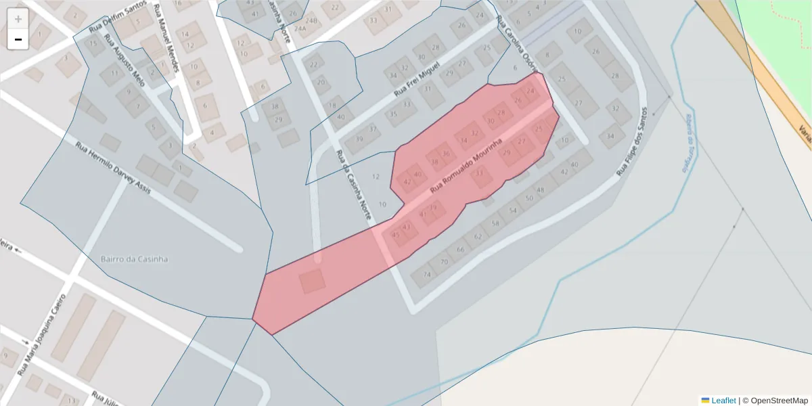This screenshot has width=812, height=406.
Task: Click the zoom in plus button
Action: click(18, 18)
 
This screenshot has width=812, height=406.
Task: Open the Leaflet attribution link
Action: click(723, 401)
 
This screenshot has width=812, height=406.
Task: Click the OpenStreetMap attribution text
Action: click(779, 401)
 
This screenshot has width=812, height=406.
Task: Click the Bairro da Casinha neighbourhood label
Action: click(134, 258)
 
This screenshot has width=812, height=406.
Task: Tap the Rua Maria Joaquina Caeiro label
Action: click(42, 335)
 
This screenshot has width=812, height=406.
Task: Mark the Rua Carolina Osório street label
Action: click(516, 43)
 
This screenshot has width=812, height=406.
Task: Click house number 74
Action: click(426, 274)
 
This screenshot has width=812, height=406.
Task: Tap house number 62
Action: click(478, 237)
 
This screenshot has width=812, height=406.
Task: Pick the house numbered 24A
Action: click(300, 28)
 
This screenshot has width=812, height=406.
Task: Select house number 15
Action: click(93, 43)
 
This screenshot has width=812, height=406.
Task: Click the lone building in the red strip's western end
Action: click(312, 281)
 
